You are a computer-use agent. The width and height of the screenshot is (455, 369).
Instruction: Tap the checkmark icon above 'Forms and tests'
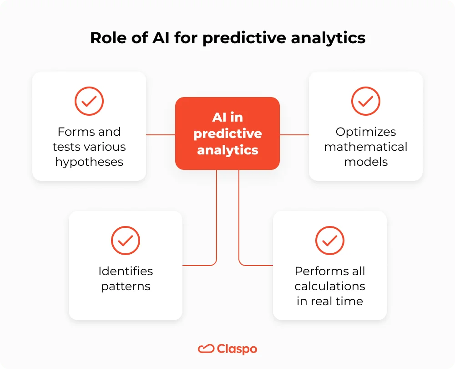pyautogui.click(x=89, y=101)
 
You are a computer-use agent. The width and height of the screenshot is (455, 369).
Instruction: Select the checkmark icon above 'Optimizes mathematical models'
pyautogui.click(x=366, y=101)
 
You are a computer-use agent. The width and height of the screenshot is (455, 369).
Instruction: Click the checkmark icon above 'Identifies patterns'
pyautogui.click(x=126, y=240)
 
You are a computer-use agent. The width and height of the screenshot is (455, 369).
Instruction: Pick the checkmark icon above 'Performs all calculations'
pyautogui.click(x=330, y=240)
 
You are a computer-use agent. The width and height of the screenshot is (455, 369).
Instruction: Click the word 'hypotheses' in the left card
pyautogui.click(x=89, y=162)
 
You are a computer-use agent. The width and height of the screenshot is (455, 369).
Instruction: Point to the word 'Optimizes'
pyautogui.click(x=366, y=132)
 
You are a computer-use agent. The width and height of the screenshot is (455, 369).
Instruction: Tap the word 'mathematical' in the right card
pyautogui.click(x=366, y=147)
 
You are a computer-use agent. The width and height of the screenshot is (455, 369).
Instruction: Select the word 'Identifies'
pyautogui.click(x=126, y=271)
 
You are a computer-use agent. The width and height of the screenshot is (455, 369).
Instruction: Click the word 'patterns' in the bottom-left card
pyautogui.click(x=126, y=286)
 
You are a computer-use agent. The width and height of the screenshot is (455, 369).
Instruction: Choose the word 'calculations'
pyautogui.click(x=330, y=286)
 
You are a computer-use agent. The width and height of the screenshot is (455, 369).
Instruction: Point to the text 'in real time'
pyautogui.click(x=330, y=301)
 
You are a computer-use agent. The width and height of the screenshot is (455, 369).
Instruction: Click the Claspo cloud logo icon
pyautogui.click(x=206, y=349)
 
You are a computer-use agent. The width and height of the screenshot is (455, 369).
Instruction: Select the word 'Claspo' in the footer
pyautogui.click(x=237, y=349)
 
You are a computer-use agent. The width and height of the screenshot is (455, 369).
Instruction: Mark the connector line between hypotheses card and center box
pyautogui.click(x=161, y=135)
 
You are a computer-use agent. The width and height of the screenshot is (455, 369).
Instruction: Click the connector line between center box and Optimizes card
pyautogui.click(x=294, y=135)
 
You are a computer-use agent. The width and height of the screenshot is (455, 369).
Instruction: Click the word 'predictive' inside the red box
pyautogui.click(x=227, y=133)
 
